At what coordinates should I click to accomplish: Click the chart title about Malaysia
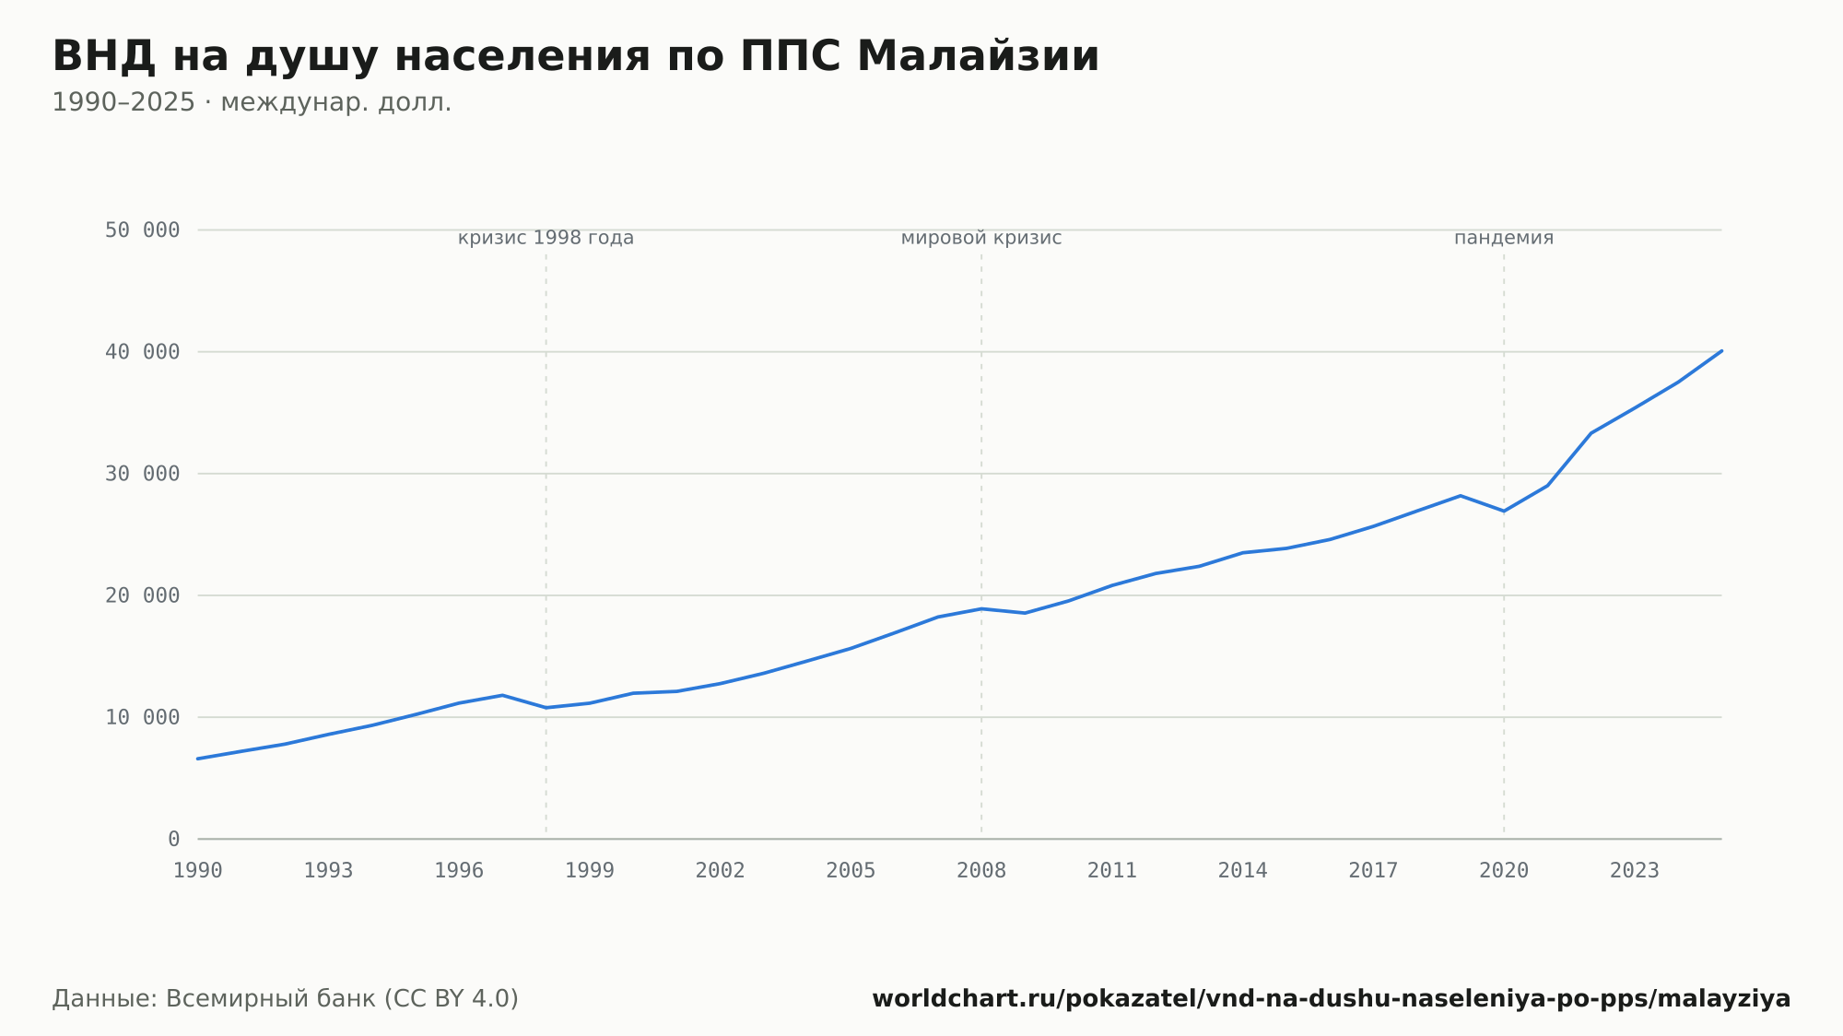click(576, 56)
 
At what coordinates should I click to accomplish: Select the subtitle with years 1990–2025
click(252, 102)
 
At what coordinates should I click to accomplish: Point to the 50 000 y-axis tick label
click(142, 230)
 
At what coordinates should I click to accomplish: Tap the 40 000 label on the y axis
click(142, 352)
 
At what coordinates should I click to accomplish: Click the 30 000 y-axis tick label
click(142, 474)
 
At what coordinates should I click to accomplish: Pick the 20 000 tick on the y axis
click(142, 595)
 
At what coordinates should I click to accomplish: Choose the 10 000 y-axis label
click(142, 717)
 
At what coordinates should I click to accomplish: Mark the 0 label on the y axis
click(174, 839)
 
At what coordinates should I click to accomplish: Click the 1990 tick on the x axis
click(198, 871)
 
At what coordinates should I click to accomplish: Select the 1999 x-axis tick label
click(590, 871)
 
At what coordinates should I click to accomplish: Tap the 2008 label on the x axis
click(981, 871)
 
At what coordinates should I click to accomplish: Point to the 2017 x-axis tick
click(1373, 871)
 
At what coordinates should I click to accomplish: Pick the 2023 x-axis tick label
click(1635, 871)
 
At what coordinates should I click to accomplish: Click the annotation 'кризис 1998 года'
click(546, 239)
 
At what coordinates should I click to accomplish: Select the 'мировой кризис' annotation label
click(981, 239)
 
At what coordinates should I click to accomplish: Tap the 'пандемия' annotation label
click(1504, 239)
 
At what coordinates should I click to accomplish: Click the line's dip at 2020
click(1504, 511)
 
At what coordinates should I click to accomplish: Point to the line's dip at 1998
click(546, 708)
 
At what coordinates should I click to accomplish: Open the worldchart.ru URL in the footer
click(1332, 999)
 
